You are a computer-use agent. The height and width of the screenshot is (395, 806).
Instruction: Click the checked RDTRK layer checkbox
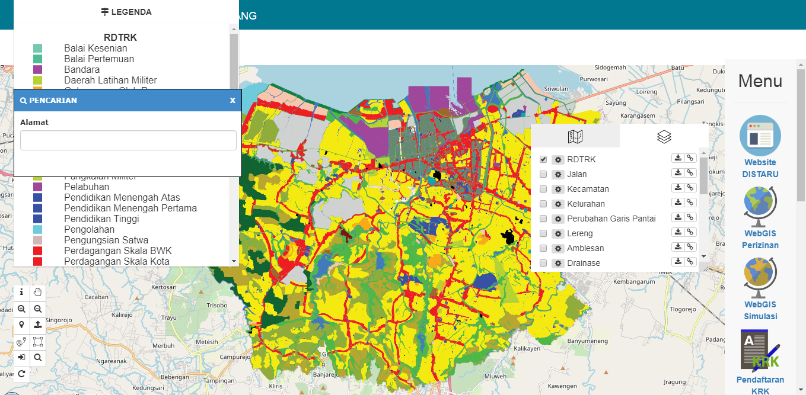tap(543, 159)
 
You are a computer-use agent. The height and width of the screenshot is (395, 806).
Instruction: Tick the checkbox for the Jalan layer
tap(543, 174)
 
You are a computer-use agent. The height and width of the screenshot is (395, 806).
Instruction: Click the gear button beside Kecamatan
tap(557, 189)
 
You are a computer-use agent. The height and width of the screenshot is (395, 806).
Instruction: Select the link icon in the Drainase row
tap(690, 262)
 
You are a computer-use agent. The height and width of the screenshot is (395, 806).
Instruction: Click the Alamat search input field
tap(128, 140)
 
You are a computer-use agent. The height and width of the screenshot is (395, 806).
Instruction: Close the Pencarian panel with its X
tap(232, 101)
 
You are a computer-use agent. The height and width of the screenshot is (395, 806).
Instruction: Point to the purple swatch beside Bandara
tap(38, 70)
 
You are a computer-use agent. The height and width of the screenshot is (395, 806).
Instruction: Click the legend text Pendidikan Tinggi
tap(101, 219)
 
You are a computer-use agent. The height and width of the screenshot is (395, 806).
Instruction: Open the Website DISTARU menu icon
tap(760, 136)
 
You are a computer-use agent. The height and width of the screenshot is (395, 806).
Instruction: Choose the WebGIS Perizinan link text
tap(760, 240)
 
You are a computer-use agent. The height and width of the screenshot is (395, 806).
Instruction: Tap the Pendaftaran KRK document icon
tap(760, 350)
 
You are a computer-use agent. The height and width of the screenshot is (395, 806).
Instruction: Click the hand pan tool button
tap(38, 292)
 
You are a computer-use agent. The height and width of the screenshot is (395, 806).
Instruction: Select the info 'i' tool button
tap(21, 292)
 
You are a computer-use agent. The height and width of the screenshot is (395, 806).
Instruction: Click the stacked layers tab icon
tap(664, 137)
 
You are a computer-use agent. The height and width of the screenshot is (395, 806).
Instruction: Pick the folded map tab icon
tap(575, 137)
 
